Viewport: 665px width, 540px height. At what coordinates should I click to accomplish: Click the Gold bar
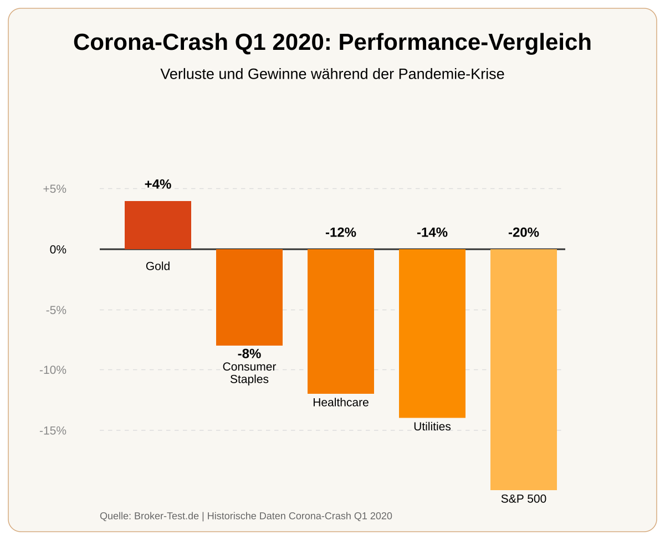158,225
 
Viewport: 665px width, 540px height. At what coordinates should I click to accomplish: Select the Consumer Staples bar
249,297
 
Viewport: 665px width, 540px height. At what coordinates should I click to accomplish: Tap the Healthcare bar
341,321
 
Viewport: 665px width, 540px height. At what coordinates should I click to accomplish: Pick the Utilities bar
432,333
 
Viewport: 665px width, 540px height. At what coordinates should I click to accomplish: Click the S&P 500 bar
524,369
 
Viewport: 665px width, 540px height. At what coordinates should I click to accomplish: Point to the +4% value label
158,184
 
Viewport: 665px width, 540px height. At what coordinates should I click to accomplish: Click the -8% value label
249,354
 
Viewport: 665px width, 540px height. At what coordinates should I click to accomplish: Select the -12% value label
341,233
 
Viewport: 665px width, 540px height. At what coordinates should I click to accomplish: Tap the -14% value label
432,233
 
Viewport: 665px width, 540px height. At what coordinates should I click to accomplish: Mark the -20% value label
524,233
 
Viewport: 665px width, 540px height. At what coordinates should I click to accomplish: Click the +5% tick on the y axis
54,189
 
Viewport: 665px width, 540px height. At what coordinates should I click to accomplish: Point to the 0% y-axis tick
58,250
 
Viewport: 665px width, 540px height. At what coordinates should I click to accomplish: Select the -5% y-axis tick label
55,310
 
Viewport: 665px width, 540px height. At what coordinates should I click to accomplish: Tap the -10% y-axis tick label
53,370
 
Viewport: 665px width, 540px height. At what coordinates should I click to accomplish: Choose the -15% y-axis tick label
53,430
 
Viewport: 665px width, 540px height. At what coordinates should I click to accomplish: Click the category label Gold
158,266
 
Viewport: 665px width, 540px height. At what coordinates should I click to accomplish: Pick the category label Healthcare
341,403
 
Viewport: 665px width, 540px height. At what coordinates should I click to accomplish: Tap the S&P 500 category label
524,499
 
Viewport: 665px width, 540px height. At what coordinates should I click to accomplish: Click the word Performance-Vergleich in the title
465,43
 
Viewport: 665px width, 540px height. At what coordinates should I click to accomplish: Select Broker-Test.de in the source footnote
166,516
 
